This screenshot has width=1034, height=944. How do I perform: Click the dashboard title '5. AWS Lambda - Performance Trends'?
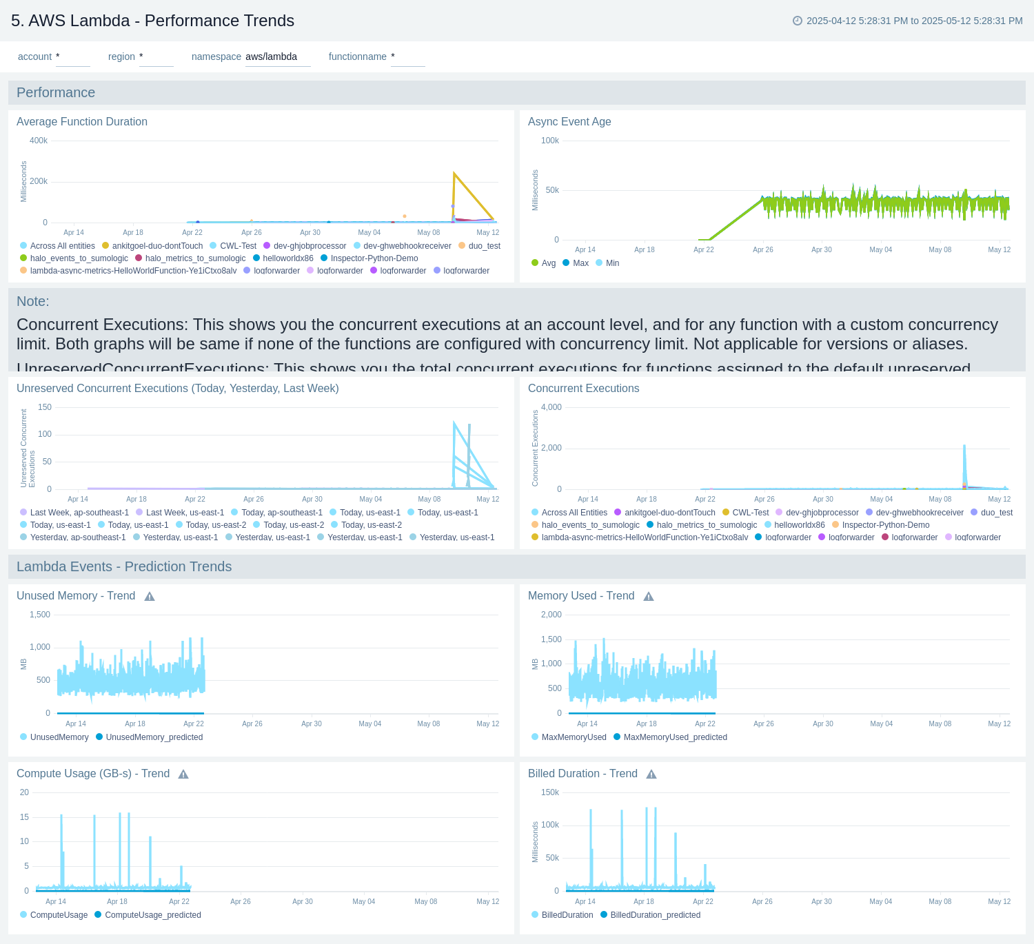pos(152,21)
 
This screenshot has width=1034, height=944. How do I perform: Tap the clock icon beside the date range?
pos(798,21)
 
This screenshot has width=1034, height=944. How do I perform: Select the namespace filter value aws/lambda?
pos(272,57)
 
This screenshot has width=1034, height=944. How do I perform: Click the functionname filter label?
pos(357,57)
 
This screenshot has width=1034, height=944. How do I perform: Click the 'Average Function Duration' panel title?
pos(82,121)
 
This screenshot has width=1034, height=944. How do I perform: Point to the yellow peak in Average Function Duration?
pos(454,174)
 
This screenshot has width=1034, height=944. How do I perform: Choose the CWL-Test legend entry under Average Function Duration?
pos(238,246)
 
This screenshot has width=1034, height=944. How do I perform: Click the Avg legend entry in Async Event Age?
pos(548,263)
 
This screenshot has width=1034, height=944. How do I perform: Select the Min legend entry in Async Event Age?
pos(612,263)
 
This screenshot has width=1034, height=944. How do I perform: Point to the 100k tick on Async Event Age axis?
pos(550,141)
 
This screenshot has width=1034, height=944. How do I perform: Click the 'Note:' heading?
pos(32,301)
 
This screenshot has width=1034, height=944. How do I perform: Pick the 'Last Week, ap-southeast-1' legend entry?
pos(79,513)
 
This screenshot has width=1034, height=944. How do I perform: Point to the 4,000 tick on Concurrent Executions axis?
pos(551,407)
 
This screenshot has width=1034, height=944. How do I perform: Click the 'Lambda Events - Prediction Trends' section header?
pos(124,566)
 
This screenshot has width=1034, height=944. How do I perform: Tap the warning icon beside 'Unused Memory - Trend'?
pos(150,596)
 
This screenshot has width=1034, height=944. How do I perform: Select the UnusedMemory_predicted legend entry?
pos(154,737)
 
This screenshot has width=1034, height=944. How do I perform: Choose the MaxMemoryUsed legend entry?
pos(574,737)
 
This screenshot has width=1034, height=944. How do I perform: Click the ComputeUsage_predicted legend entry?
pos(152,915)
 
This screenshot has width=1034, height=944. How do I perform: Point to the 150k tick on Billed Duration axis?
pos(550,792)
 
